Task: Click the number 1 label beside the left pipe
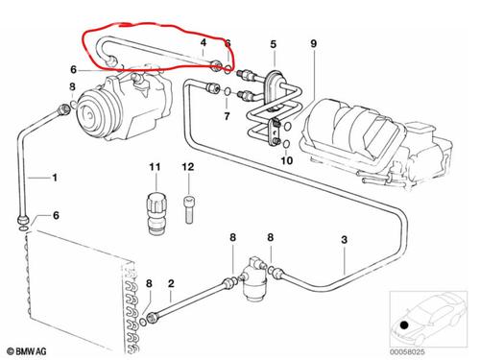(x=55, y=178)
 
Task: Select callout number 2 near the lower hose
(x=170, y=283)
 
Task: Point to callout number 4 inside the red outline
(x=203, y=44)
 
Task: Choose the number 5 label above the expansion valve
(x=273, y=44)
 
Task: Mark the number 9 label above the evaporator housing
(x=312, y=44)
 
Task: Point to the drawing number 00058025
(x=443, y=349)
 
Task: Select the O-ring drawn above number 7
(x=227, y=93)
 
